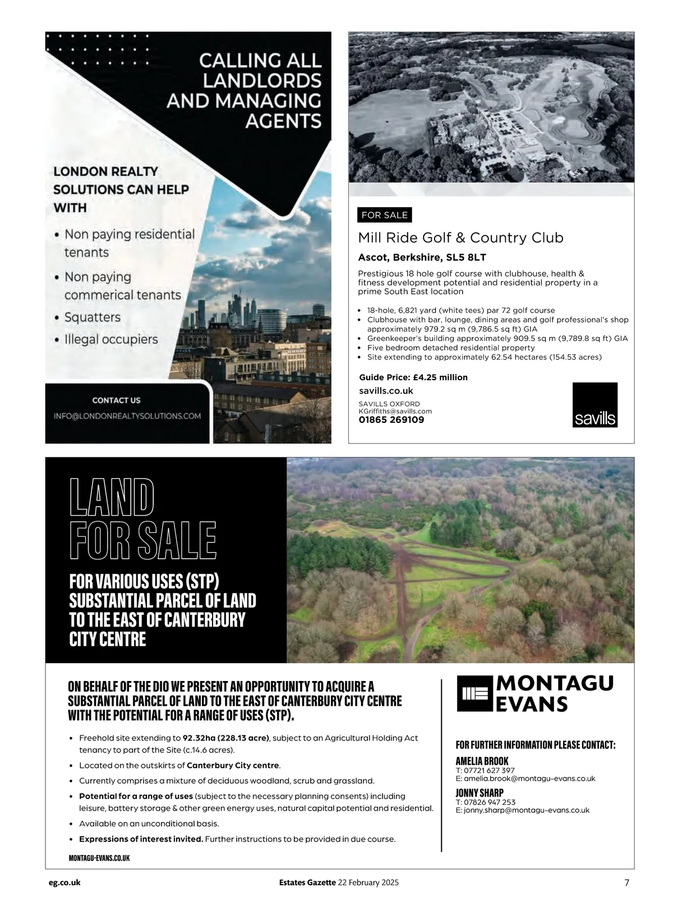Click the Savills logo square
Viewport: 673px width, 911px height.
tap(594, 404)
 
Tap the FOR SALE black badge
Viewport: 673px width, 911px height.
tap(384, 215)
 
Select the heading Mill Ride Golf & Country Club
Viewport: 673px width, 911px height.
tap(460, 238)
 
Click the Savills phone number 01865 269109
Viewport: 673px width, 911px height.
tap(391, 420)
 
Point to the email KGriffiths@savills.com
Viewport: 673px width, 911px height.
tap(395, 411)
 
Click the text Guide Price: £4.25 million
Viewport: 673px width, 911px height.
tap(413, 378)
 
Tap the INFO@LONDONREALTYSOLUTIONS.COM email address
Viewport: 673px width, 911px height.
tap(127, 416)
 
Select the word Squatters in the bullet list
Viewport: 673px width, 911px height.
tap(93, 318)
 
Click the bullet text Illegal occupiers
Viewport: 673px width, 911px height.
tap(111, 339)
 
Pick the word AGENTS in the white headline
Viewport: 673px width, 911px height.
tap(284, 121)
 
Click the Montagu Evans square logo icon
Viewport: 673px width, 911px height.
tap(474, 693)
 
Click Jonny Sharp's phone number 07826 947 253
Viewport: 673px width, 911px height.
tap(488, 802)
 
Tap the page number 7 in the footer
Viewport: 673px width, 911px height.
tap(626, 882)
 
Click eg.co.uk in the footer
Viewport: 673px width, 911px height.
tap(64, 882)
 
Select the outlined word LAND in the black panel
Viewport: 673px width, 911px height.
tap(112, 498)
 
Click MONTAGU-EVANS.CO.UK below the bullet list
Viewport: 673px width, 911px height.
tap(99, 858)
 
